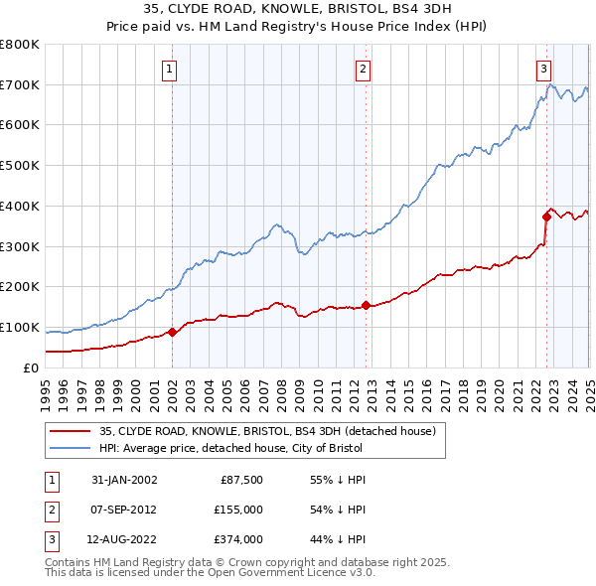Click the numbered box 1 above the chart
pos(171,70)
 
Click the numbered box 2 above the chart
pos(364,70)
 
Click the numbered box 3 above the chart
pos(544,70)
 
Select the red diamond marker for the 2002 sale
pos(172,332)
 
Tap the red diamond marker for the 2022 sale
pos(546,216)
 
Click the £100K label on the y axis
pos(20,328)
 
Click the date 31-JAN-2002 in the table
pos(124,480)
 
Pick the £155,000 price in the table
pos(238,510)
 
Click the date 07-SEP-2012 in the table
pos(124,510)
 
